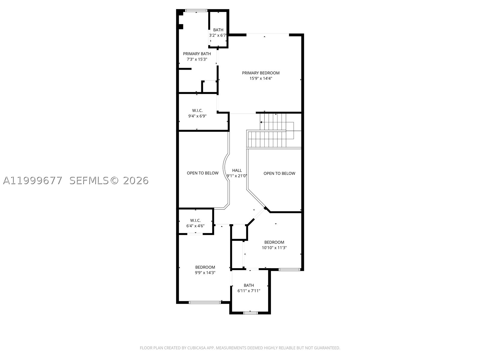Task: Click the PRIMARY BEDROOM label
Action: click(x=261, y=73)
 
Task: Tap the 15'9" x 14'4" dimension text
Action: click(x=261, y=79)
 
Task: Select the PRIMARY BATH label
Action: click(x=197, y=54)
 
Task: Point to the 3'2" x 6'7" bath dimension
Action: click(x=218, y=35)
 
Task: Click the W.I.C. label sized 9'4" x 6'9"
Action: click(x=197, y=111)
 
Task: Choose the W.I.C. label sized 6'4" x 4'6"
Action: click(x=195, y=220)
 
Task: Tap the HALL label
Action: click(x=237, y=170)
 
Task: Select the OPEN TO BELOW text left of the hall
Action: click(x=202, y=173)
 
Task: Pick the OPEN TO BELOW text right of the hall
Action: click(x=279, y=174)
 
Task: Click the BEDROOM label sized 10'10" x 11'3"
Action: click(x=274, y=242)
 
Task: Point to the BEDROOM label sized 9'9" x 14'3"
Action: click(x=205, y=267)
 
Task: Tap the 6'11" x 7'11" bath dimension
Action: click(x=249, y=291)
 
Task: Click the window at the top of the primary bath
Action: click(x=196, y=10)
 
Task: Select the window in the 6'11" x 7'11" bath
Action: click(x=250, y=313)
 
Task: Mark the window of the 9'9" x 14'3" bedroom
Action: click(x=205, y=302)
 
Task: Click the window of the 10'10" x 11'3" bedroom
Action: click(x=289, y=269)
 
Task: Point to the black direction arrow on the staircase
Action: click(x=261, y=122)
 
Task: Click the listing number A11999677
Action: click(x=33, y=181)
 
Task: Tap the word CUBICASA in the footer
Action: click(x=196, y=348)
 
